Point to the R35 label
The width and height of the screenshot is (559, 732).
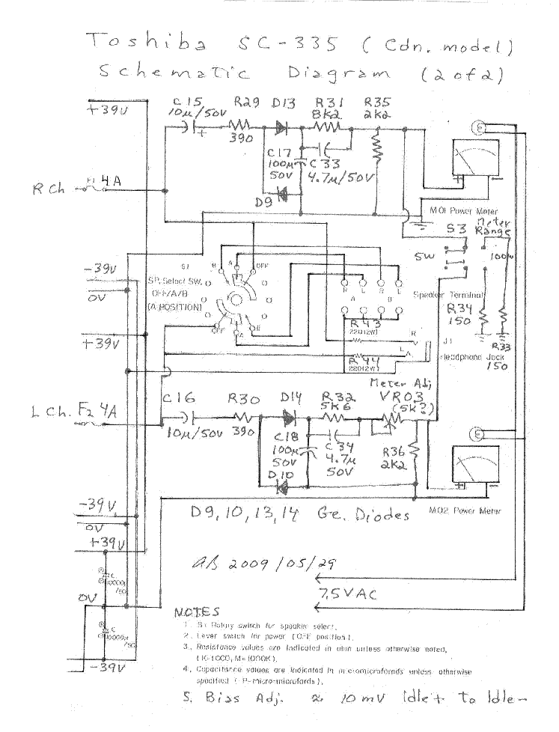pos(377,102)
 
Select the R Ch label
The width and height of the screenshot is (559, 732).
pos(48,188)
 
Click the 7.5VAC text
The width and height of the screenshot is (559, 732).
pos(349,594)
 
